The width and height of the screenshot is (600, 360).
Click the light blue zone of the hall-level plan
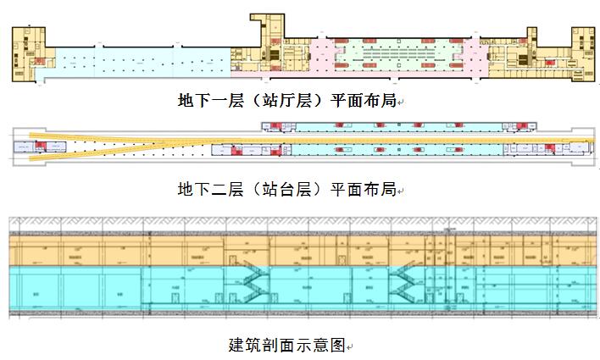[136, 61]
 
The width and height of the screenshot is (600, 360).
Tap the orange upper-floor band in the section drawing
[127, 251]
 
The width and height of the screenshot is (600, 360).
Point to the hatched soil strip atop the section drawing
[297, 224]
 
